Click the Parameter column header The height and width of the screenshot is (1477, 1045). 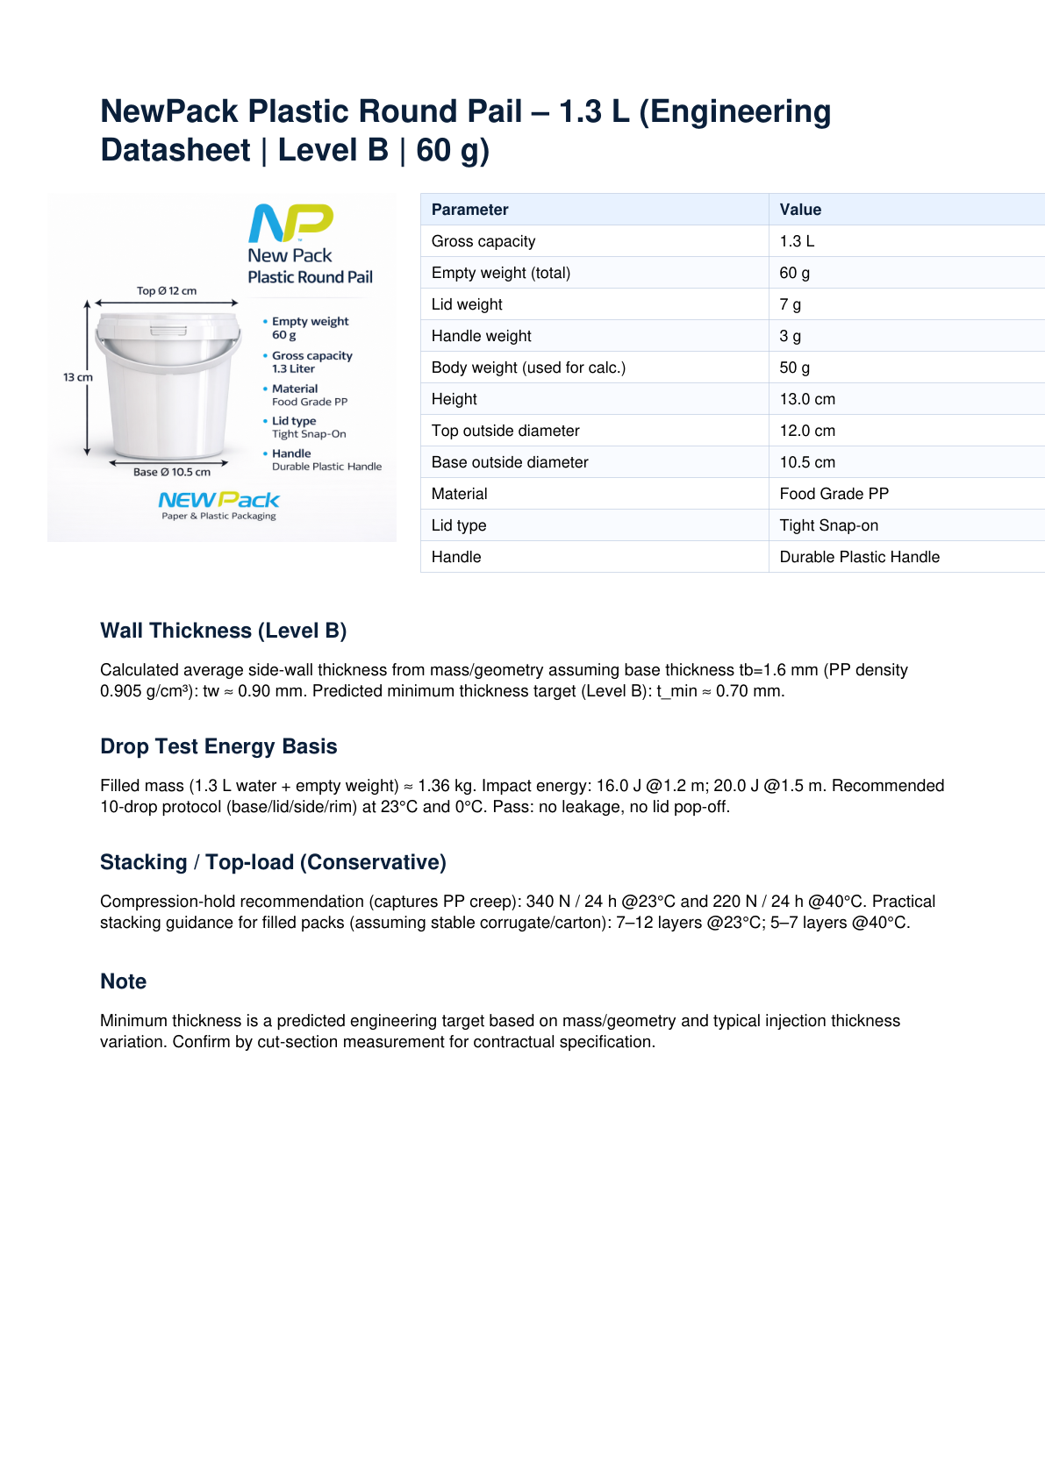click(x=469, y=210)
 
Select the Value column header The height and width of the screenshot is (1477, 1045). click(x=800, y=210)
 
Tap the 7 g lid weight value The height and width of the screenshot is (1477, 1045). click(x=790, y=304)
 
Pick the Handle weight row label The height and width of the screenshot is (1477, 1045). click(x=481, y=336)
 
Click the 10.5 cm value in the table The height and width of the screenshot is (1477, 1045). click(x=807, y=462)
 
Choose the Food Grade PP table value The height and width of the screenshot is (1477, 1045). click(x=834, y=494)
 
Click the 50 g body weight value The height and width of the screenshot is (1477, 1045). click(x=794, y=367)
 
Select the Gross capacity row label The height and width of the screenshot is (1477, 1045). click(x=483, y=241)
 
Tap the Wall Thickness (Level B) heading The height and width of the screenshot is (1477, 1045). click(x=223, y=631)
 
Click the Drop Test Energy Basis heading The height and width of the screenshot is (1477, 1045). click(x=218, y=746)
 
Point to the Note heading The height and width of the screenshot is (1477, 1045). click(x=123, y=981)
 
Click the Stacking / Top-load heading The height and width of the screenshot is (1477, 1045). click(x=273, y=862)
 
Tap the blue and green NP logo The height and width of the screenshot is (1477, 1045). click(x=290, y=223)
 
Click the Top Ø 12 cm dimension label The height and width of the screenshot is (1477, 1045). click(x=167, y=291)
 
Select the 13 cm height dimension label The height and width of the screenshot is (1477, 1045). click(x=77, y=377)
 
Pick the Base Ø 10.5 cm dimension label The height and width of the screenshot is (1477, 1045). click(x=172, y=472)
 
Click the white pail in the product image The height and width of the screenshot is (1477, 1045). click(x=167, y=386)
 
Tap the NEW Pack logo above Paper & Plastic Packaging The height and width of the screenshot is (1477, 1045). click(x=218, y=500)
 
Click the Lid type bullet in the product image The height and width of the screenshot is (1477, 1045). click(x=293, y=421)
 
